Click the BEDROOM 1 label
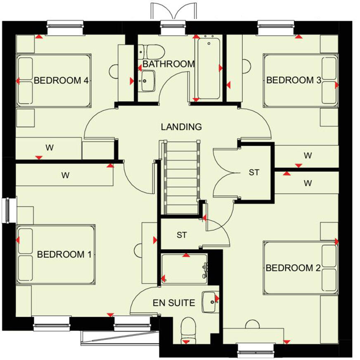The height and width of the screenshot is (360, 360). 64,254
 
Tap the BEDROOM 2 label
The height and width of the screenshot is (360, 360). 293,268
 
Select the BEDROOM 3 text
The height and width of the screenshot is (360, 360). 294,80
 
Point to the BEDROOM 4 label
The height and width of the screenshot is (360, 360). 61,81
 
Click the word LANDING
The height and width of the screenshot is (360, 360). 182,127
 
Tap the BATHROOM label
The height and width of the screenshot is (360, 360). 168,64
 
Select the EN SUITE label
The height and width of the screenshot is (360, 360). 173,303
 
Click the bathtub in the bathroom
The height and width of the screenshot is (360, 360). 208,68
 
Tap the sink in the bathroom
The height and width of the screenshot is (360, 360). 147,80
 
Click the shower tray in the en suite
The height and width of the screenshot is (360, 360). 184,268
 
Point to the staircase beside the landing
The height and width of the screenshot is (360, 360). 182,178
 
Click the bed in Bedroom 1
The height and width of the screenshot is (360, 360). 56,254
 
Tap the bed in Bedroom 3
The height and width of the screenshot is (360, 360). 300,80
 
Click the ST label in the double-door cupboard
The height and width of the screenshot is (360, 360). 254,172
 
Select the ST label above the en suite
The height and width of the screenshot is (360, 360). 182,235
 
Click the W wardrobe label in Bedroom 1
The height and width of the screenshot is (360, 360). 65,175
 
